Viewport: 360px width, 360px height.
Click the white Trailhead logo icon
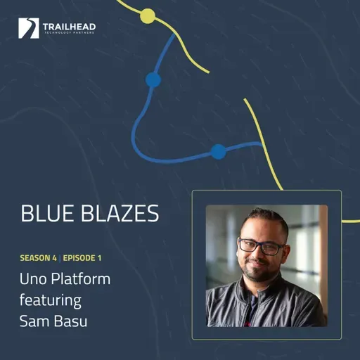pos(29,28)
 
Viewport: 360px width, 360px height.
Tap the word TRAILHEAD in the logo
pos(69,26)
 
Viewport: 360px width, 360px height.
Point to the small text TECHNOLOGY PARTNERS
pos(69,34)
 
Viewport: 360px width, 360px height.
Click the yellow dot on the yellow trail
pos(148,15)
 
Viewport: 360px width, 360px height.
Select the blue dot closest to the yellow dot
pos(153,79)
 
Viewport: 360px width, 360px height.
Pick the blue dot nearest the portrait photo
pos(218,150)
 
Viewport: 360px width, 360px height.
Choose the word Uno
pos(33,278)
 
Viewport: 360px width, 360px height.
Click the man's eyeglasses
pos(262,246)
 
